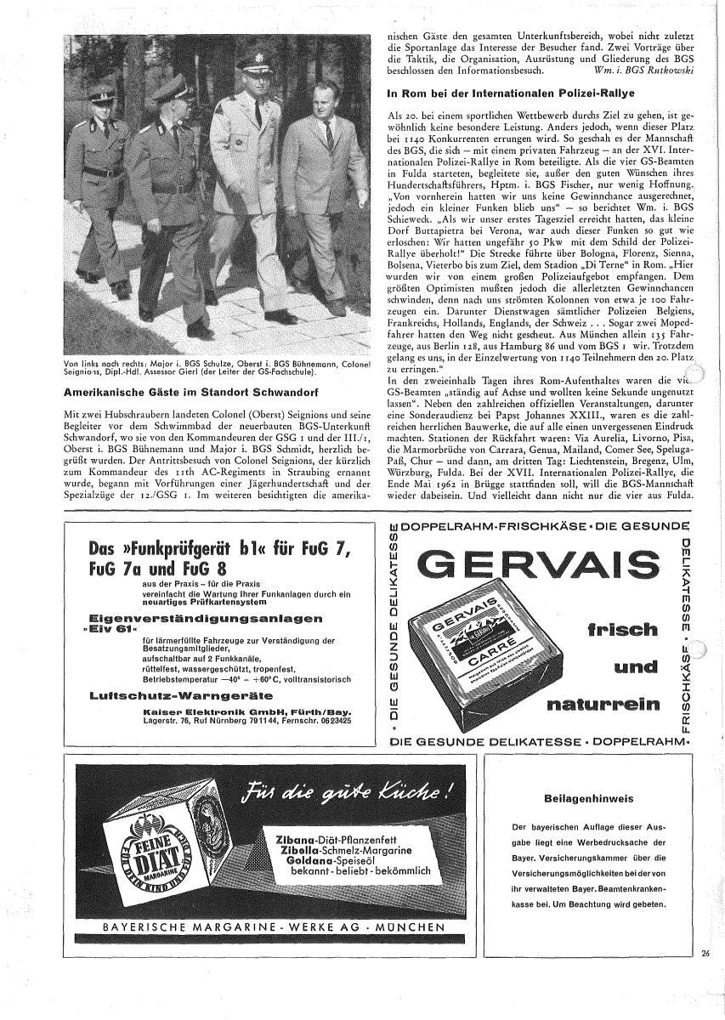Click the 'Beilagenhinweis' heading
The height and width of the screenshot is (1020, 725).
589,799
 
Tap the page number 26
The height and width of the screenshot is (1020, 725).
706,953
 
